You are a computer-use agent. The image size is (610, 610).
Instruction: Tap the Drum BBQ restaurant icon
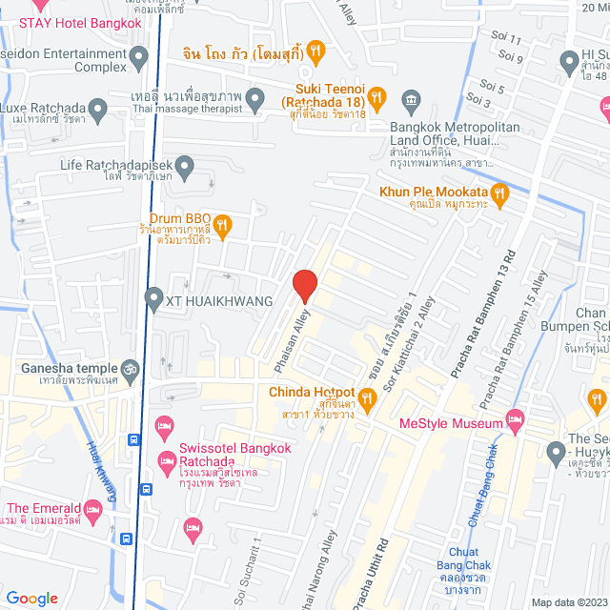click(x=222, y=225)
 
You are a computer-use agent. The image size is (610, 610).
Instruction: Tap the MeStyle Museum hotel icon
click(x=516, y=418)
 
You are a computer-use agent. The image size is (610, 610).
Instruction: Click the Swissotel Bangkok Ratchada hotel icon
click(x=164, y=423)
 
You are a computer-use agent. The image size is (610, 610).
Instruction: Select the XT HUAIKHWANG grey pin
click(x=153, y=300)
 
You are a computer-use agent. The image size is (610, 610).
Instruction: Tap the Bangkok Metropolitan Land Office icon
click(x=411, y=98)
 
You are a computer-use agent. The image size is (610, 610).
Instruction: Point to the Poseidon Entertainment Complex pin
click(x=139, y=53)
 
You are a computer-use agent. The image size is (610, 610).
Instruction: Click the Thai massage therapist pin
click(x=255, y=97)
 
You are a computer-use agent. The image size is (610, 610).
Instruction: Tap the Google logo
click(x=31, y=598)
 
